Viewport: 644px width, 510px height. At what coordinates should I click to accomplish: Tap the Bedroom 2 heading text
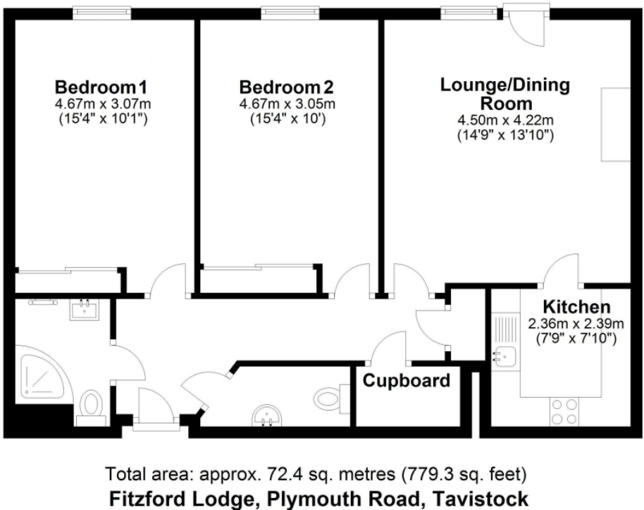[286, 88]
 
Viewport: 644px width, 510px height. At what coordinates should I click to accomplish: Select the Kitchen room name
[576, 308]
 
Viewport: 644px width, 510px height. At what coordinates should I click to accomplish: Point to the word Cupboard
[406, 381]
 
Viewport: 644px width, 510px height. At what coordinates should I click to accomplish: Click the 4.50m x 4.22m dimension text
[504, 119]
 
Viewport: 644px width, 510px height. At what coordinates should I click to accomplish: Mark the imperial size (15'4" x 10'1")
[103, 119]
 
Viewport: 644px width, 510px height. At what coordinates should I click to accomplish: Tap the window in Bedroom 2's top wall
[288, 12]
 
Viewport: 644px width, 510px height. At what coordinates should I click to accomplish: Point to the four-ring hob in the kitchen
[564, 411]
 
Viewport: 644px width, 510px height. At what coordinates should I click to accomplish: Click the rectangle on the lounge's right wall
[614, 124]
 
